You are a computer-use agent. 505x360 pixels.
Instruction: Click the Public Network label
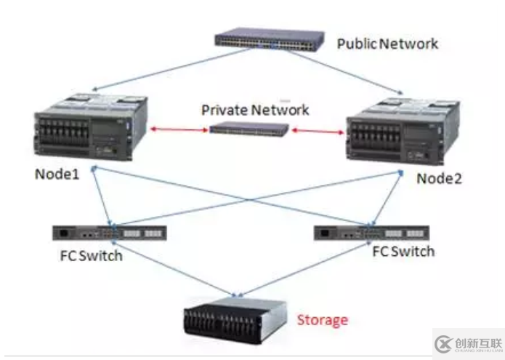tap(387, 44)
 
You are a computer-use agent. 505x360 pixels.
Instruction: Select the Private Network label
tap(254, 111)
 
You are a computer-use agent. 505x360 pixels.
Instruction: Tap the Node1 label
tap(59, 175)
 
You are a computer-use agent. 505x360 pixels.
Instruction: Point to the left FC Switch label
tap(92, 255)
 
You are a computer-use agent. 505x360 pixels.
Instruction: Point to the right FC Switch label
tap(403, 252)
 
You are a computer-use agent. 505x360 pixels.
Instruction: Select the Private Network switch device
tap(249, 129)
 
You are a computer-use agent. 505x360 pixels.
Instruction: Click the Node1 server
tap(90, 127)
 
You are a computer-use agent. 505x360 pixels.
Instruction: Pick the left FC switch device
tap(110, 233)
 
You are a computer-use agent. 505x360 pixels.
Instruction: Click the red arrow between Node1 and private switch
tap(178, 129)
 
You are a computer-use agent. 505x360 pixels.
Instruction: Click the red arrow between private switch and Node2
tap(317, 132)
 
